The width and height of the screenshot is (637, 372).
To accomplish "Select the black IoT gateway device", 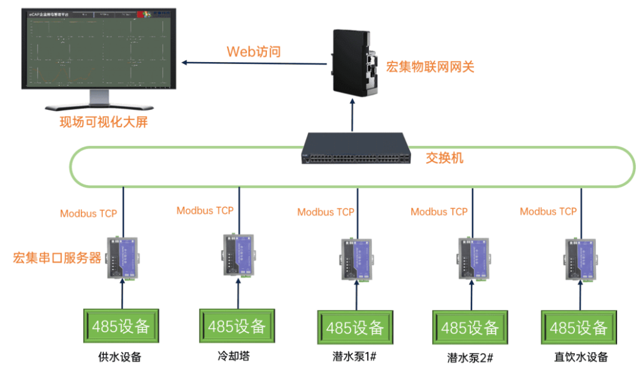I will [x=353, y=63].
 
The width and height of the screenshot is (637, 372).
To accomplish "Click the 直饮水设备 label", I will [x=580, y=357].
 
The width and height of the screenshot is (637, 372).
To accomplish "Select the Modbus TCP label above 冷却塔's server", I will [x=205, y=211].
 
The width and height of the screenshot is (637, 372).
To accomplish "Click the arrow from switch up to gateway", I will [x=353, y=114].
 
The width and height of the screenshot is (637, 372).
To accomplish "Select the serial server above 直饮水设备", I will [x=578, y=259].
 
